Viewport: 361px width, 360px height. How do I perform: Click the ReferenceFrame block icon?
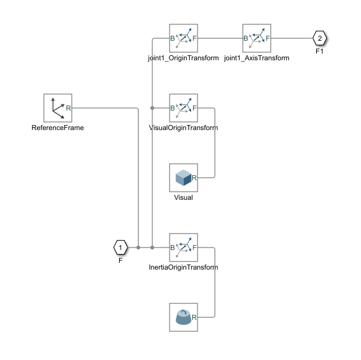pos(58,108)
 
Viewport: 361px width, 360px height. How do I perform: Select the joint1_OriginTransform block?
pos(184,38)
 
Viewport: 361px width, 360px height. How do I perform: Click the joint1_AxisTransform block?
pos(256,38)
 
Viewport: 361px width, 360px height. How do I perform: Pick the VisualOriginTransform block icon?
pos(184,108)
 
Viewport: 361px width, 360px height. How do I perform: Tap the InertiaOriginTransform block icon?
pos(184,247)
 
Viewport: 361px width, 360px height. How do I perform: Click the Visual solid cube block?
pos(184,177)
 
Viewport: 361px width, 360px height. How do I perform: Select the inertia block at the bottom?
pos(184,317)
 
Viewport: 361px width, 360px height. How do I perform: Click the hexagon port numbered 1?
pos(120,247)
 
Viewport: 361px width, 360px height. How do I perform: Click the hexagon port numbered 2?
pos(319,38)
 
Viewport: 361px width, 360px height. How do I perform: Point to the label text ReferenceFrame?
pos(58,128)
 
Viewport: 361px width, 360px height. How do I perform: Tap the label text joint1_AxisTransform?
pos(256,58)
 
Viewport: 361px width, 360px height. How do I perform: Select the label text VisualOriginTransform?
pos(184,128)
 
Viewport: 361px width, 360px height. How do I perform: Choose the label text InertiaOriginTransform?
pos(184,267)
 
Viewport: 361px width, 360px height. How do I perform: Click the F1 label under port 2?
pos(319,51)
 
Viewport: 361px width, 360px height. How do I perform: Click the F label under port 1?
pos(120,260)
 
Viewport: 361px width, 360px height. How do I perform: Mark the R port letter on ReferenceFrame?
pos(68,108)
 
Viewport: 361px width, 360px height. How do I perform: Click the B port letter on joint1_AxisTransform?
pos(246,39)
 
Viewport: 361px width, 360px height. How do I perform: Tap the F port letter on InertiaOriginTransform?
pos(194,248)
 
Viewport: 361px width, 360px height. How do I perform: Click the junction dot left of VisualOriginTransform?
pos(152,108)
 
